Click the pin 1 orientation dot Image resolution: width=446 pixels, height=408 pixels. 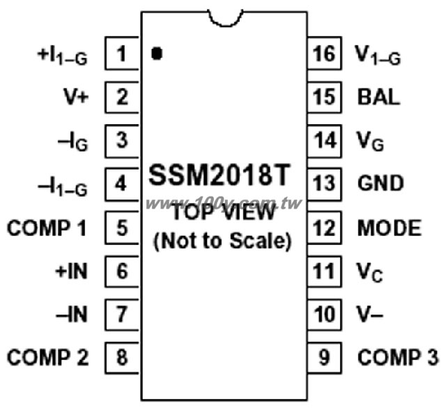157,53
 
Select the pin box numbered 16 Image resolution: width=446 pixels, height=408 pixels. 324,53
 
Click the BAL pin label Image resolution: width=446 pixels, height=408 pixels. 378,97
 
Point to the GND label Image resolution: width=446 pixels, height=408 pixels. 380,183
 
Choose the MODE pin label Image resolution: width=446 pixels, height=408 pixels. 390,228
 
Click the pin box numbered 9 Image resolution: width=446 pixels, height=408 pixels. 324,357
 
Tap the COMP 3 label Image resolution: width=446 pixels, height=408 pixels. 398,357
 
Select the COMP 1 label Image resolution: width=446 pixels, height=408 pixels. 47,228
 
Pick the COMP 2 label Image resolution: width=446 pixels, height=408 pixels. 48,357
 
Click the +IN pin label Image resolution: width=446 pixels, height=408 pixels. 71,271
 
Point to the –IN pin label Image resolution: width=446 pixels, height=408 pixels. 71,315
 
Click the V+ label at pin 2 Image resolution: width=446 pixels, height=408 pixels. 76,97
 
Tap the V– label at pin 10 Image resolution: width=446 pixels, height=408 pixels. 370,315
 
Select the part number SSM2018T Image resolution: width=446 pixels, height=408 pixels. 220,174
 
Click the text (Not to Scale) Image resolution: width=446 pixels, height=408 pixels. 223,241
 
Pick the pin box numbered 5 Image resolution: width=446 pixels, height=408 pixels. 122,227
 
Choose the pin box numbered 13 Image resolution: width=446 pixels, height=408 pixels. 324,184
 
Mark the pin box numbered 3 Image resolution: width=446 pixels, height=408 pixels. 122,141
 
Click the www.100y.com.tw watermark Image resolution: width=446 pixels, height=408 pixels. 224,204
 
